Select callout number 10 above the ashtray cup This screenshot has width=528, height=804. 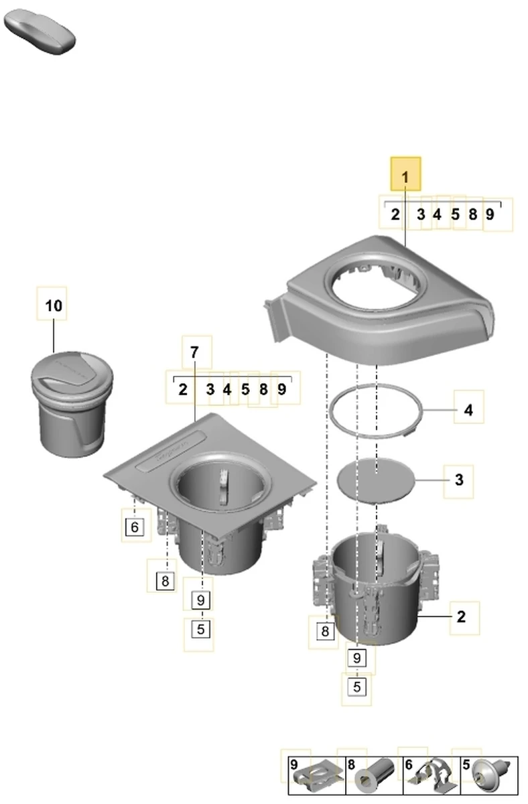coord(54,306)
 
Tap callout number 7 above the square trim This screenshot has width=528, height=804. coord(194,352)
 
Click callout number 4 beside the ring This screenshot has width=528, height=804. coord(468,410)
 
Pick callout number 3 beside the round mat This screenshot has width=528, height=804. coord(459,480)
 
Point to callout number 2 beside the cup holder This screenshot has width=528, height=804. coord(461,616)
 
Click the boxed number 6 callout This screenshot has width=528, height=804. coord(135,527)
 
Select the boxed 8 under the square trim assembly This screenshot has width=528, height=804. coord(165,581)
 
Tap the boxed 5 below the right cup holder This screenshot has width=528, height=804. coord(356,687)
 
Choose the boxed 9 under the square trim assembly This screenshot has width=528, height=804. coord(200,600)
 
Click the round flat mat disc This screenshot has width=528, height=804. coord(375,480)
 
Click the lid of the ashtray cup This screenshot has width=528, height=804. coord(72,373)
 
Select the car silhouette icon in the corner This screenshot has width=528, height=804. coord(40,32)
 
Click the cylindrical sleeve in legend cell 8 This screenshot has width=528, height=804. coord(374,776)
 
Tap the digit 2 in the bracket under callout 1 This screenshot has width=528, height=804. coord(395,214)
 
